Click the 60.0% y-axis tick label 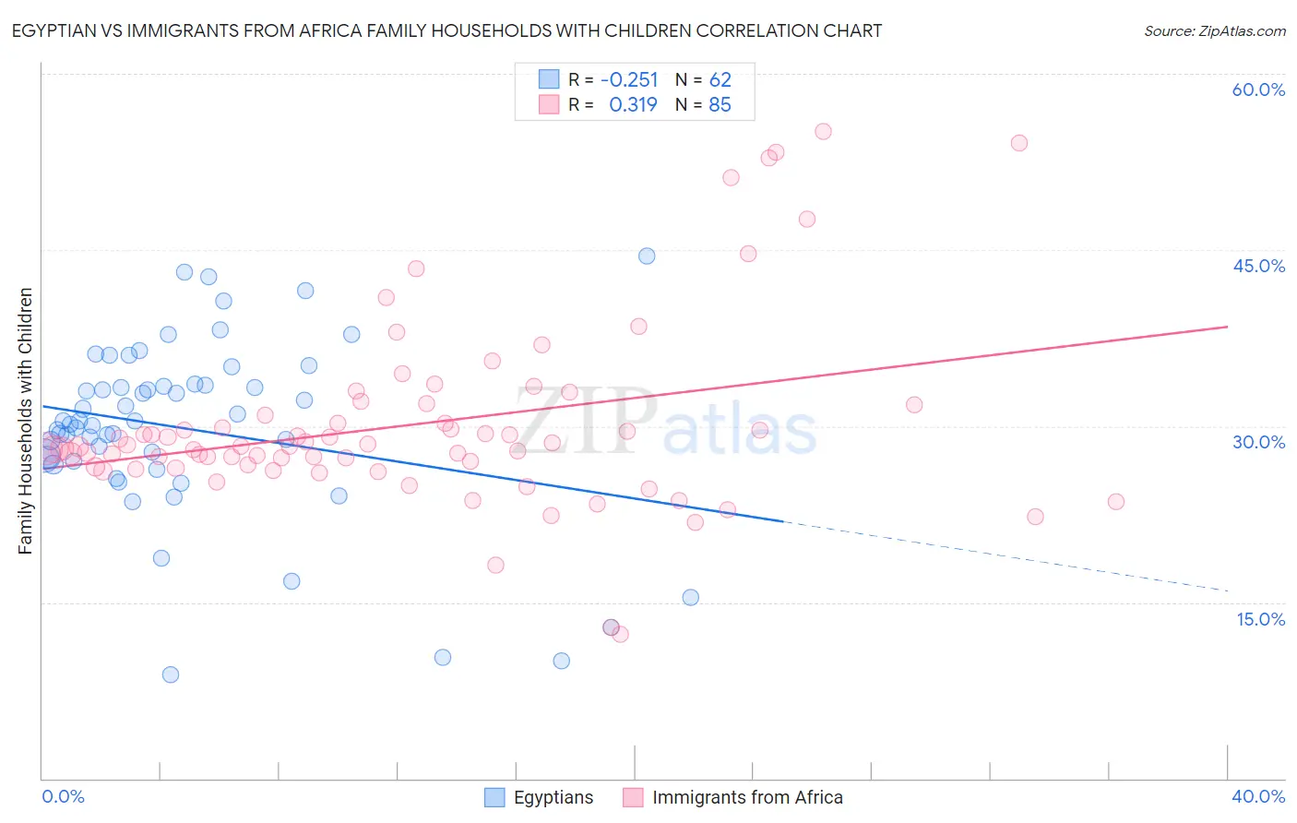click(1258, 89)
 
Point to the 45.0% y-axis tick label click(1258, 266)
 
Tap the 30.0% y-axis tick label click(1258, 442)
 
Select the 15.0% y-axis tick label click(1260, 619)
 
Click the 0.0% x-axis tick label click(63, 796)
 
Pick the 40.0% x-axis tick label click(1257, 796)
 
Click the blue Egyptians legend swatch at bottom click(494, 797)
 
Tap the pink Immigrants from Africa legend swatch click(633, 797)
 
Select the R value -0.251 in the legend click(629, 79)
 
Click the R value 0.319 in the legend click(633, 104)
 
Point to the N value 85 click(720, 104)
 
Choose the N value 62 click(720, 79)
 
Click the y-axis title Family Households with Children click(25, 421)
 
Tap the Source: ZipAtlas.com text click(1214, 31)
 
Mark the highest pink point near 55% click(823, 131)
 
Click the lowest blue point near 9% click(171, 674)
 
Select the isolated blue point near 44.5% click(647, 256)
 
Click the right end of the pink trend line click(1227, 327)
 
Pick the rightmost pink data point click(1115, 501)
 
